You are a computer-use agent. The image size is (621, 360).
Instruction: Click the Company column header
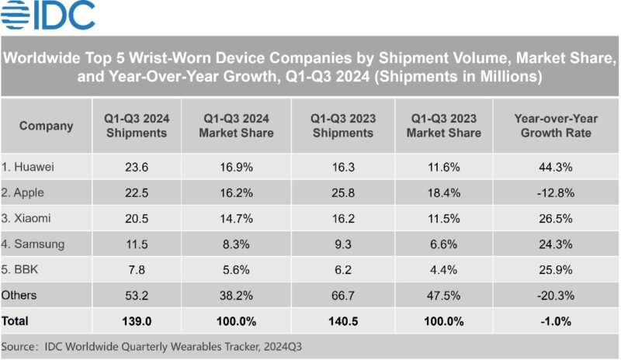coord(46,126)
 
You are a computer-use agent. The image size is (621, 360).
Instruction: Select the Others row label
coord(19,296)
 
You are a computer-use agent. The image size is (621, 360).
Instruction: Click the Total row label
coord(17,320)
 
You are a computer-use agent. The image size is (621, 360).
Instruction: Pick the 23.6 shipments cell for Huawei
coord(137,165)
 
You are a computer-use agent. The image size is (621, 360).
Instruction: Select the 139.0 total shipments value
coord(137,320)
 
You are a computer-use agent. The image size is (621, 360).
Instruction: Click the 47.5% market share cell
coord(446,296)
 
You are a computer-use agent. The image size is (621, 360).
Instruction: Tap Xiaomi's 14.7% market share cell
coord(236,218)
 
